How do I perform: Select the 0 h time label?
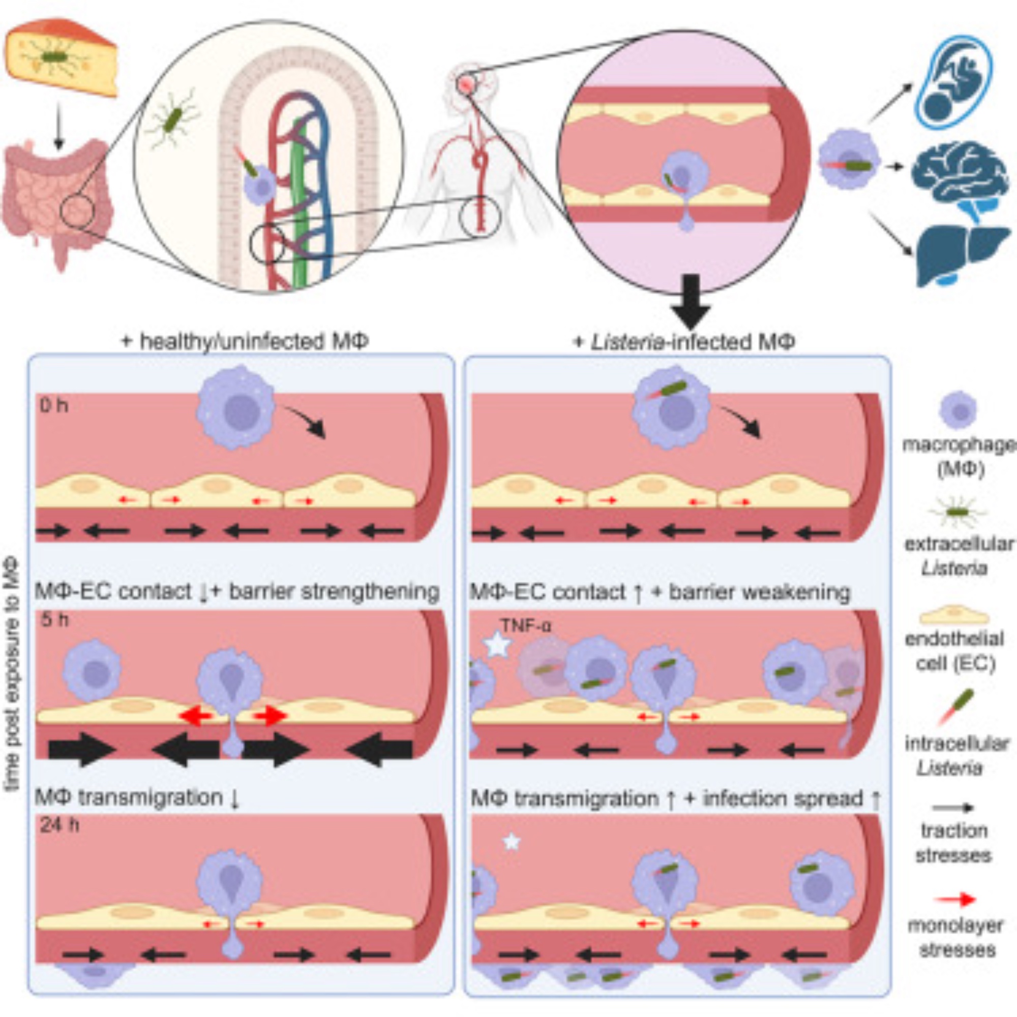pyautogui.click(x=54, y=406)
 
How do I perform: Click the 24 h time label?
pyautogui.click(x=59, y=825)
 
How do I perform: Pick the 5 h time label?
pyautogui.click(x=55, y=619)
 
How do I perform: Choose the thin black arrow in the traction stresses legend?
pyautogui.click(x=953, y=807)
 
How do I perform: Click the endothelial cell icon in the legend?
pyautogui.click(x=954, y=615)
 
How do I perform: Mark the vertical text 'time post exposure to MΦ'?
pyautogui.click(x=12, y=674)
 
